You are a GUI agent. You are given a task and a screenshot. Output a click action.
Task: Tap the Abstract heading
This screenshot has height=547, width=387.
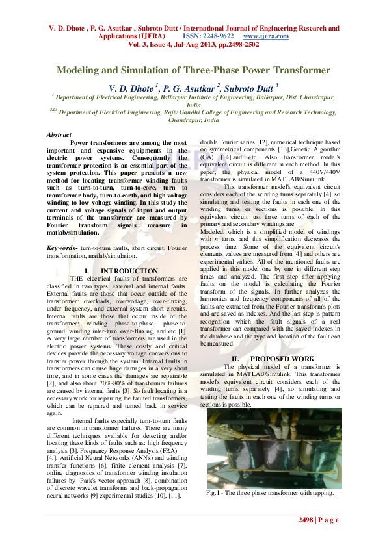point(59,134)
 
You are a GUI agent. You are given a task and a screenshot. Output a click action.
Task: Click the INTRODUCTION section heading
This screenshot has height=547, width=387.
point(129,271)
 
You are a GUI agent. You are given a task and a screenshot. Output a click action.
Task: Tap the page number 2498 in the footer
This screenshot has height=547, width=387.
point(306,520)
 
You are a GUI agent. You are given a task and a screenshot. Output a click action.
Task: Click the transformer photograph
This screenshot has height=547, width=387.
point(274,448)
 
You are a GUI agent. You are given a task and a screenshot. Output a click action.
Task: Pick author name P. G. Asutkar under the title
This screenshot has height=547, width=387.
point(189,86)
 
